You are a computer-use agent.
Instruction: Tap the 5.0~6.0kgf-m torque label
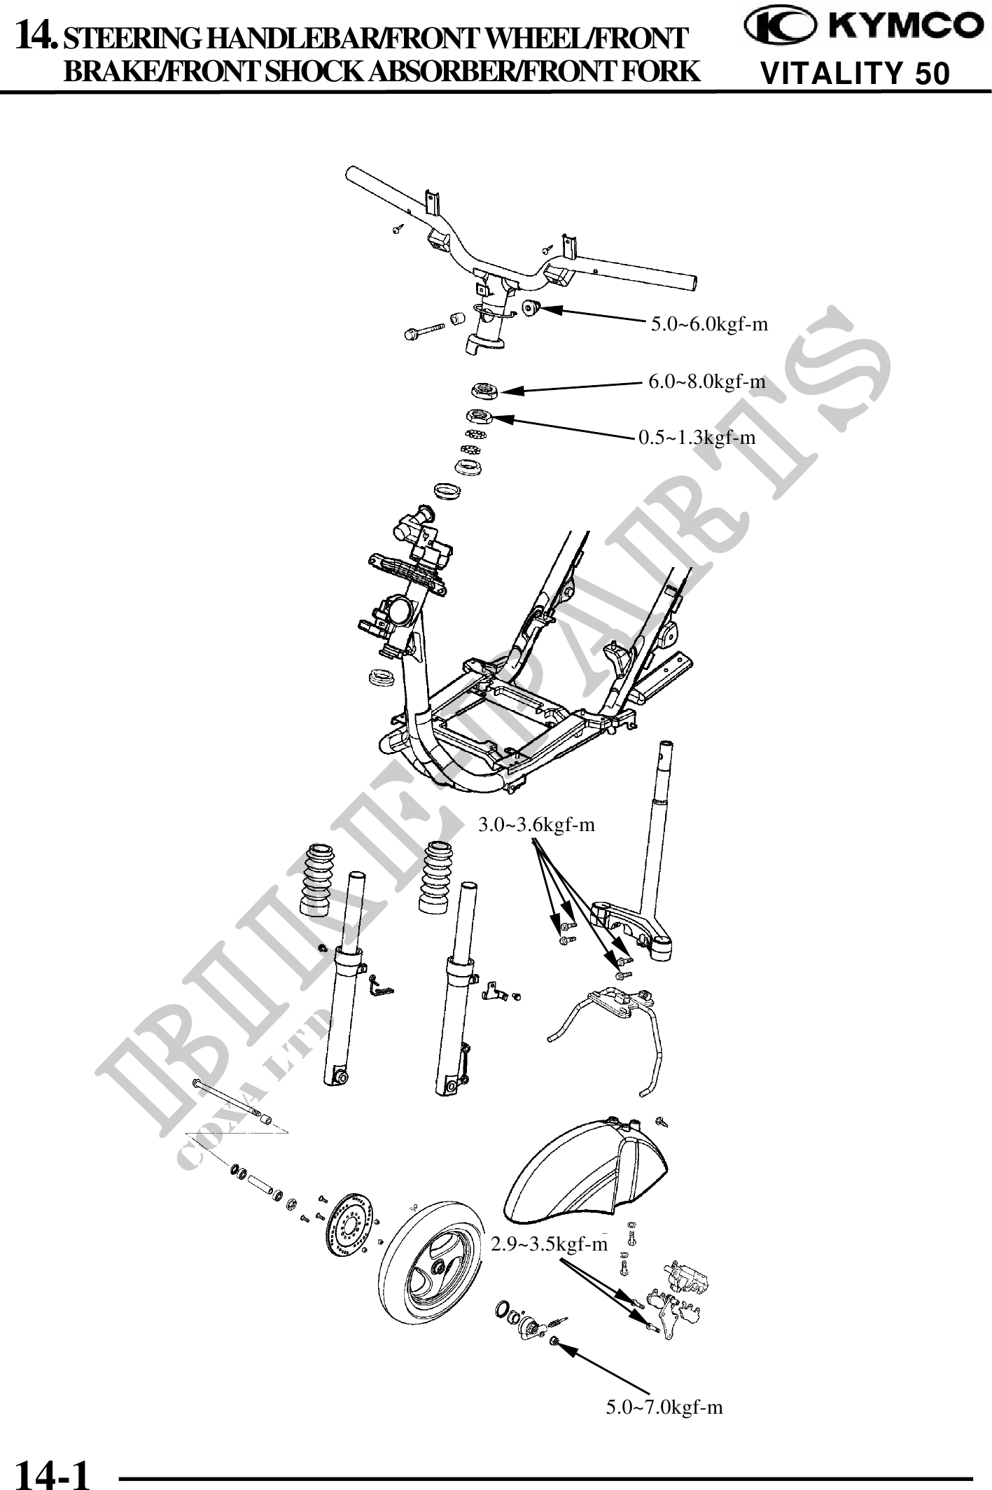click(709, 324)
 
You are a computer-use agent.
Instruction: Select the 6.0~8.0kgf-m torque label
click(706, 382)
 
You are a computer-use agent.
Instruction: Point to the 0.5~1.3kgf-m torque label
click(697, 438)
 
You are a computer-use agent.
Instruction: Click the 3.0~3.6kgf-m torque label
click(536, 825)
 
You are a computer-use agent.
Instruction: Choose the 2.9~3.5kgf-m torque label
click(549, 1244)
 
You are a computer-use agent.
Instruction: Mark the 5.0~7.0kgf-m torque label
click(664, 1407)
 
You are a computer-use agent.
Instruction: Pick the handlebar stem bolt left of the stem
click(424, 330)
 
